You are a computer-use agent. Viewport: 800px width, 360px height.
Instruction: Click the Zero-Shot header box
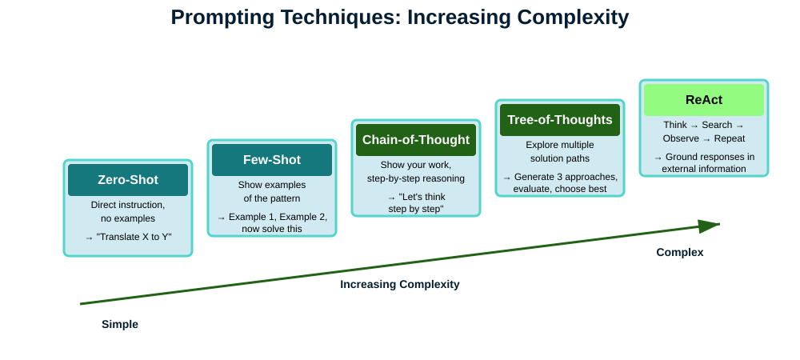click(128, 180)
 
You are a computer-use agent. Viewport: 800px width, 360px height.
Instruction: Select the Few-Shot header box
click(272, 160)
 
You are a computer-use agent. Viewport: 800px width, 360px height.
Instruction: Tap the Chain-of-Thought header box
click(416, 140)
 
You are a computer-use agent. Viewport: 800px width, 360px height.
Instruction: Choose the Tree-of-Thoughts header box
click(560, 120)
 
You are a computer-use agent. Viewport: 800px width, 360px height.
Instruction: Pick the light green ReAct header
click(704, 100)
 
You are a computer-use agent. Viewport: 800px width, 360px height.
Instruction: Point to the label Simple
click(120, 325)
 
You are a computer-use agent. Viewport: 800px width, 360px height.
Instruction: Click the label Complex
click(680, 252)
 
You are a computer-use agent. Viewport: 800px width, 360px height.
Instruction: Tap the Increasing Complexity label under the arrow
click(400, 284)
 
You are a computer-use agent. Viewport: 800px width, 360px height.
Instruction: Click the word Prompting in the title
click(221, 18)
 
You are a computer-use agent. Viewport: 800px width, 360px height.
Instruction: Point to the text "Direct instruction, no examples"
click(128, 211)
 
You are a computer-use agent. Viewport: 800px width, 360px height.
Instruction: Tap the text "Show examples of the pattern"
click(272, 191)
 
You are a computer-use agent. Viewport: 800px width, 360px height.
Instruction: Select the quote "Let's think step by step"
click(416, 202)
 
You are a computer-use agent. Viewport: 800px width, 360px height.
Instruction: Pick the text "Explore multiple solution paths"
click(560, 151)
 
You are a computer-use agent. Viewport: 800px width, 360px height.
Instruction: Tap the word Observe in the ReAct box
click(681, 138)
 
